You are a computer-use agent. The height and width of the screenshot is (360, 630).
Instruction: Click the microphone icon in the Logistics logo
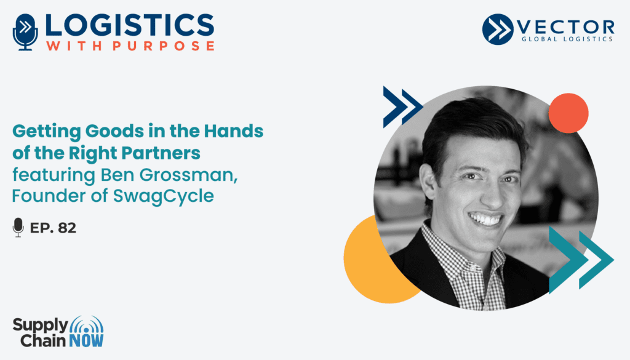coord(25,32)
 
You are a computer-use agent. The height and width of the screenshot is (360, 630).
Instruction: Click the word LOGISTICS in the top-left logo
coord(130,26)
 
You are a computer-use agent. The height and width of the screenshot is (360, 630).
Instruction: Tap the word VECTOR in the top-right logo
coord(566,27)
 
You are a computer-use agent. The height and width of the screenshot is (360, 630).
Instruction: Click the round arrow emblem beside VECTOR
coord(498,29)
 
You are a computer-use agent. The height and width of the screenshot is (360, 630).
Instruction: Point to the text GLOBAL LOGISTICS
coord(567,39)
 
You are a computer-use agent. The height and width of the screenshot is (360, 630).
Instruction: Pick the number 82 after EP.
coord(67,228)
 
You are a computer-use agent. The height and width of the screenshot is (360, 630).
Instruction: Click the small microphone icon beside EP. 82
coord(18,228)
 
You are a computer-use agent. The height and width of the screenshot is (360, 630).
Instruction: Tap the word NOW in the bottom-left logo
coord(86,341)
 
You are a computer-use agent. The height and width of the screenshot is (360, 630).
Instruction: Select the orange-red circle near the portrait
coord(568,113)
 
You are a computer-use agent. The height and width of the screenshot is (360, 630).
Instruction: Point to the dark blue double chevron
coord(402,107)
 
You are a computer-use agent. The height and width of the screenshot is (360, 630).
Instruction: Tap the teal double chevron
coord(581,260)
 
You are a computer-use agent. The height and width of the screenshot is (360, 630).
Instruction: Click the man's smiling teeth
coord(485,220)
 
